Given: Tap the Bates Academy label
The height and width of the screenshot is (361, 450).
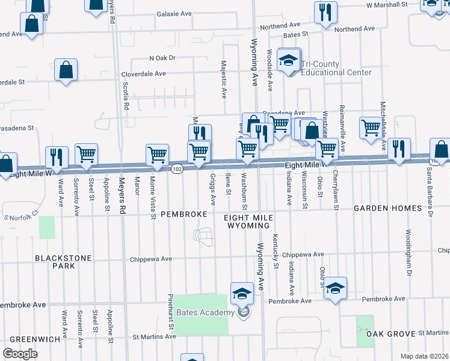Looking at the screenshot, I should coord(205,312).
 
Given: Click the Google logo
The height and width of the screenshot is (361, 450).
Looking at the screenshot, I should coord(20,353).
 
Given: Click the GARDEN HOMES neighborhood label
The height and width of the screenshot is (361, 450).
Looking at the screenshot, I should coord(387,208).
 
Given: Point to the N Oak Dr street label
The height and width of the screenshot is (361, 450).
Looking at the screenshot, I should coord(162,58).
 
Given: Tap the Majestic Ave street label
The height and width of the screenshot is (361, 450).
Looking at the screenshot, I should coord(224,79).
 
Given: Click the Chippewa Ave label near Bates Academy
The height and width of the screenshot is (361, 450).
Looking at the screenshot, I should coord(151,259).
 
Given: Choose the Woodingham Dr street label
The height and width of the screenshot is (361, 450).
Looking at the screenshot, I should coord(408,244).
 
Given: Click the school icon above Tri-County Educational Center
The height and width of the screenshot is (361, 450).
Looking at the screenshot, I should coord(289,61).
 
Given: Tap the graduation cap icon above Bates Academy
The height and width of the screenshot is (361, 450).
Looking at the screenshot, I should coord(242,293).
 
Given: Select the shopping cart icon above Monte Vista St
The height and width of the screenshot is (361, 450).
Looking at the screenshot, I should coord(157,154).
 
